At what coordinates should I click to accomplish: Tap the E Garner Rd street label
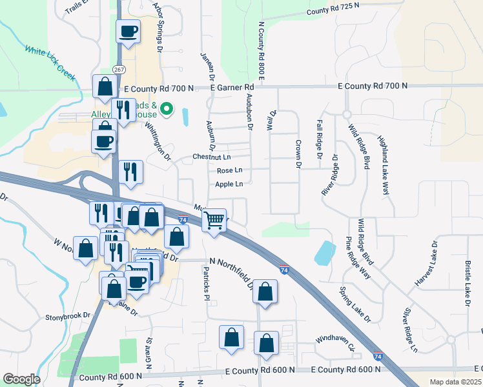pyautogui.click(x=233, y=86)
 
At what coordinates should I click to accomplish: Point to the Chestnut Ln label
pyautogui.click(x=211, y=157)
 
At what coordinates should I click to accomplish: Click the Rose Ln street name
pyautogui.click(x=229, y=170)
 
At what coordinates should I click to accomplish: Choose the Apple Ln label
pyautogui.click(x=229, y=184)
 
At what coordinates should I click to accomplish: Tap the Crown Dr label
pyautogui.click(x=298, y=154)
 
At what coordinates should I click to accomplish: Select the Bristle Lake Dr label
pyautogui.click(x=468, y=283)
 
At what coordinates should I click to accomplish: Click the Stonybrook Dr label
pyautogui.click(x=66, y=317)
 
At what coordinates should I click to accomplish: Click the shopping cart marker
pyautogui.click(x=214, y=220)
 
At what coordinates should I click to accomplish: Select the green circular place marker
pyautogui.click(x=167, y=109)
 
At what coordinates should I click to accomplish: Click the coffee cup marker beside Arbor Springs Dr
pyautogui.click(x=128, y=31)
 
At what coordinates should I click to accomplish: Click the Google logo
pyautogui.click(x=21, y=379)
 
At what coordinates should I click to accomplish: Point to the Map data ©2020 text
pyautogui.click(x=454, y=382)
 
